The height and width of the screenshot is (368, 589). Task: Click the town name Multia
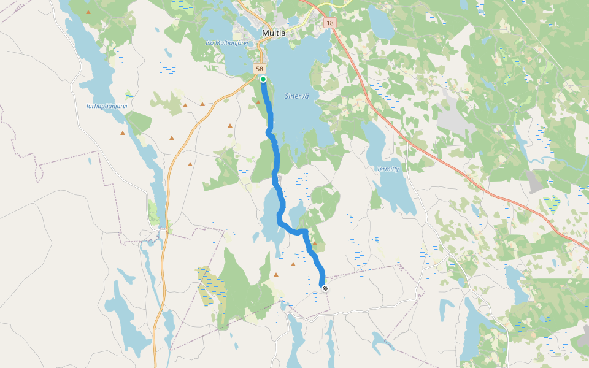274,33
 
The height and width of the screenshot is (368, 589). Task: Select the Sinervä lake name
297,96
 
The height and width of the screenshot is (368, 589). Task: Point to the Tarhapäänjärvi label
106,105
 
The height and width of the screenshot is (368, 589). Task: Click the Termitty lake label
388,169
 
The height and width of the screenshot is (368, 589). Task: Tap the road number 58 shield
261,69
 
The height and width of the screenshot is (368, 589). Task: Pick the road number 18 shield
330,23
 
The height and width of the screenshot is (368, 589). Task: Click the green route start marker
263,79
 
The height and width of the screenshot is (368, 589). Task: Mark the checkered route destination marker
325,288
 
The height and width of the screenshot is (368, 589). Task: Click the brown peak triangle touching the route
314,243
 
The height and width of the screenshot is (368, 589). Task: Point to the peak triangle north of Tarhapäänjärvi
88,12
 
